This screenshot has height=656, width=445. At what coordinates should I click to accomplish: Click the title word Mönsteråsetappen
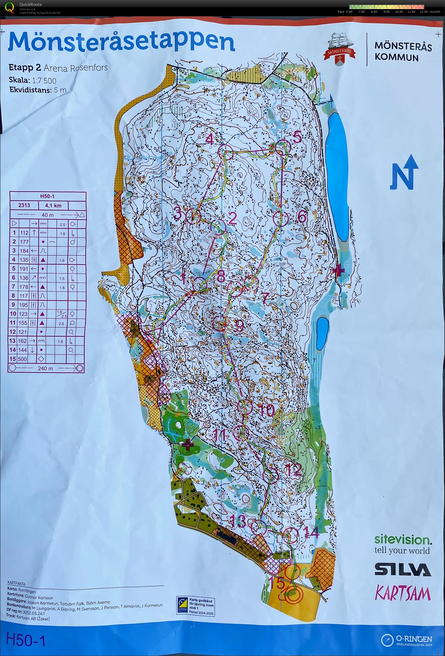click(121, 42)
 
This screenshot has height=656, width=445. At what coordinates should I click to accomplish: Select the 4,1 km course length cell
click(53, 205)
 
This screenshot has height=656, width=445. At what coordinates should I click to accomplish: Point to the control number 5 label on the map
click(297, 138)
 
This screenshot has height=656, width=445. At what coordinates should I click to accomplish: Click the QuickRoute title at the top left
click(31, 4)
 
